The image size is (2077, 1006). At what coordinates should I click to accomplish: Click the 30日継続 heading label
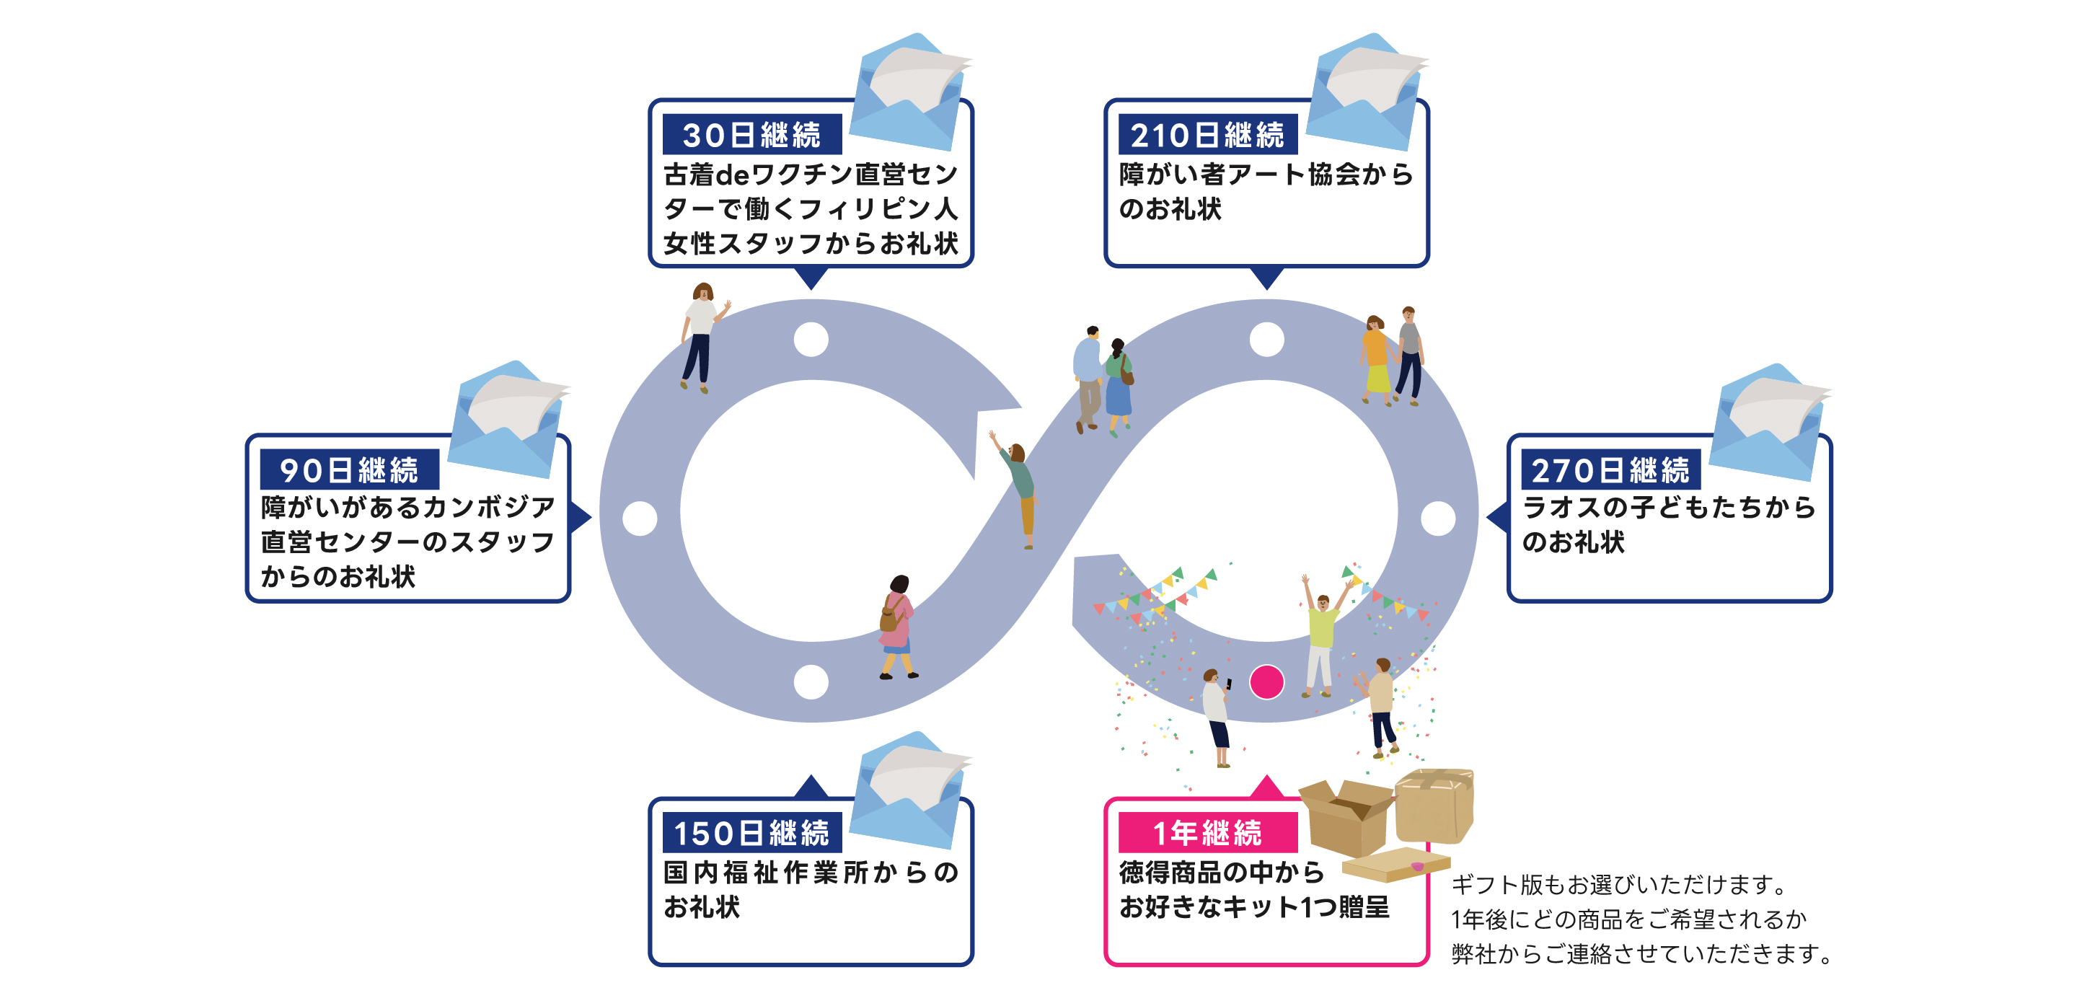751,135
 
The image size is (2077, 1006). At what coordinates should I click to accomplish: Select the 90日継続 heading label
349,470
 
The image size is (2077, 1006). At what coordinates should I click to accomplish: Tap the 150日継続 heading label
751,834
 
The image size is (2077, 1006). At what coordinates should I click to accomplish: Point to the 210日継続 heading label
1207,135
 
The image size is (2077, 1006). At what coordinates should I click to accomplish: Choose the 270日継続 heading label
1610,470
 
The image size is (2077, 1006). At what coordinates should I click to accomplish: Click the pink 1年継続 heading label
1207,834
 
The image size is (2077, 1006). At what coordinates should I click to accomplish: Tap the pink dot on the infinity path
1266,682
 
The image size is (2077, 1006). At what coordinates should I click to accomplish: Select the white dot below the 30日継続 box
811,340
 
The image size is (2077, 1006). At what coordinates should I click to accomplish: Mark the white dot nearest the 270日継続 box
1437,519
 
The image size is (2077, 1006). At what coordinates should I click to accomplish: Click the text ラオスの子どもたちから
1669,507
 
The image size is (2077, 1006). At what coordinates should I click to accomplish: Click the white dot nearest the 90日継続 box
640,519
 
